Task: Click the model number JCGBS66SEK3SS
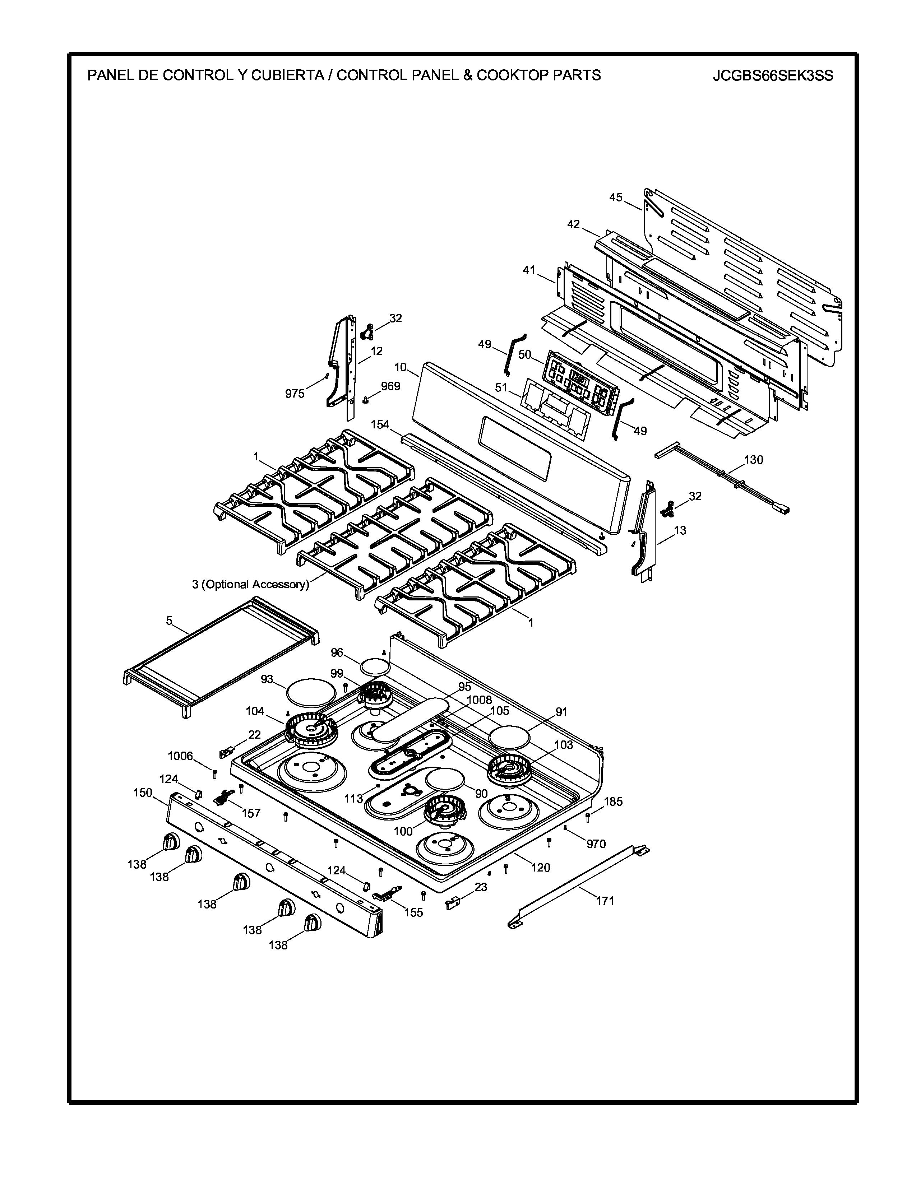click(x=773, y=75)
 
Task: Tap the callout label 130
click(x=753, y=460)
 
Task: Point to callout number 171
click(x=605, y=901)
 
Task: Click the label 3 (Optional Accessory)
click(x=250, y=584)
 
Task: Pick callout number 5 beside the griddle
click(x=169, y=620)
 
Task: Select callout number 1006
click(x=180, y=756)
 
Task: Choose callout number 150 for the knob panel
click(x=143, y=793)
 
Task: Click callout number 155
click(x=413, y=912)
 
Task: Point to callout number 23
click(x=481, y=887)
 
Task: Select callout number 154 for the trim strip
click(x=380, y=424)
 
